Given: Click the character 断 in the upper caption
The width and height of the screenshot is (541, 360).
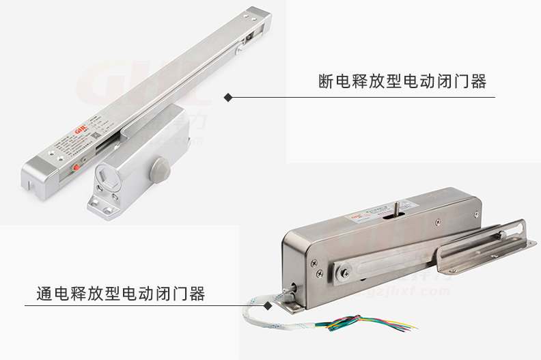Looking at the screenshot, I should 327,82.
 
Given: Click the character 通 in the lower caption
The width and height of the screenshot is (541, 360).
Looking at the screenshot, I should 44,294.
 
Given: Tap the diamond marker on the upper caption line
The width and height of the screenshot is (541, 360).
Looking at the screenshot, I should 229,97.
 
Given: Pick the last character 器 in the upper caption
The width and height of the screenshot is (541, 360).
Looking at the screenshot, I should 479,82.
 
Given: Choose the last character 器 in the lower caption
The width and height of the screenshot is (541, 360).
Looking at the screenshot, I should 197,294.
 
